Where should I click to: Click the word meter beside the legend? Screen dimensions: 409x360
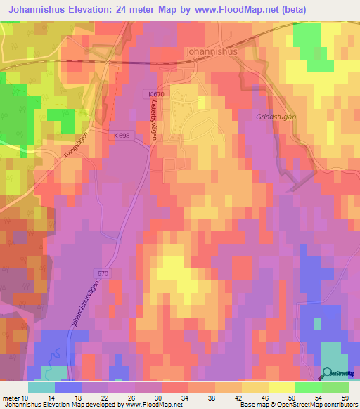tap(13, 397)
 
